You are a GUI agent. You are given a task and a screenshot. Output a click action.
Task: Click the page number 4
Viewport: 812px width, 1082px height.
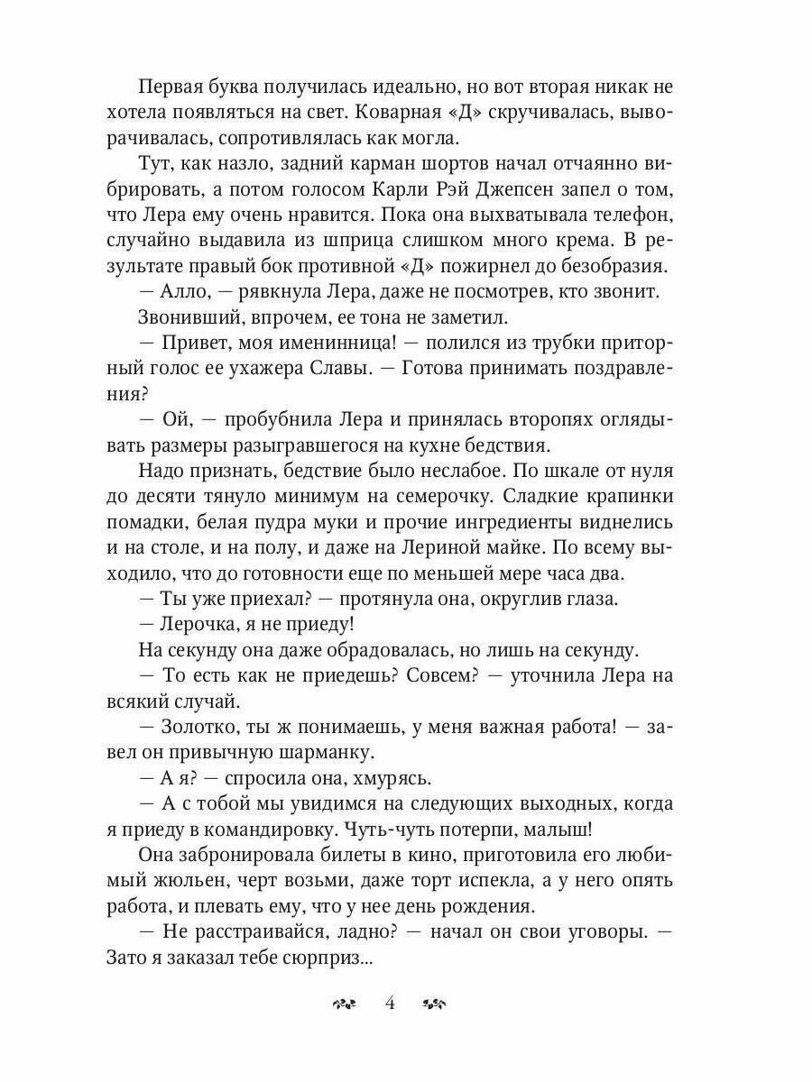390,1003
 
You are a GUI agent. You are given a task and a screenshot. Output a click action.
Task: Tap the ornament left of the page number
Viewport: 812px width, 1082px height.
346,1004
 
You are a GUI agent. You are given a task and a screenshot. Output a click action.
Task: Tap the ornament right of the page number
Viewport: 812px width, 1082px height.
435,1004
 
